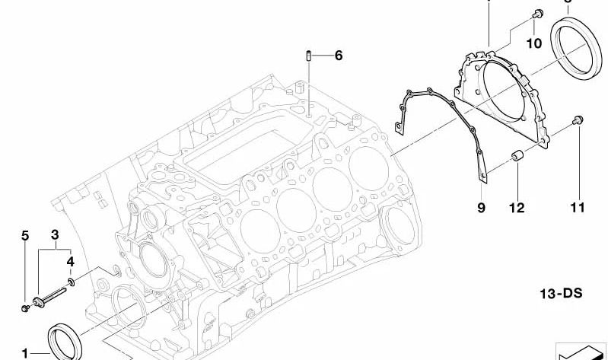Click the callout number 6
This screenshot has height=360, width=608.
(x=339, y=55)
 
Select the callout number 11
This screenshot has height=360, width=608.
(x=578, y=207)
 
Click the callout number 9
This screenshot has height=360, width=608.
(x=481, y=208)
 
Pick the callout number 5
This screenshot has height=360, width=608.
(x=24, y=235)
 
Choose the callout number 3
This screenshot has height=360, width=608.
(x=56, y=235)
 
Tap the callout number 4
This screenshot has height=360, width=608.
(x=70, y=261)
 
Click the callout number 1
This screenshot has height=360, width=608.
(x=25, y=353)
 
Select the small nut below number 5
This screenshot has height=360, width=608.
(x=24, y=307)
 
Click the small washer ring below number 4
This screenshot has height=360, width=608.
(x=71, y=282)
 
